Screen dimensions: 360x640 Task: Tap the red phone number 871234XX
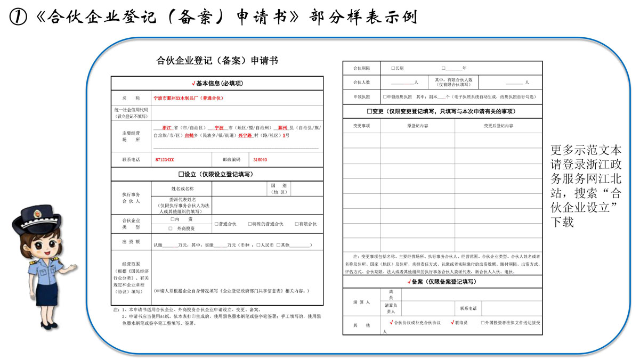[165, 160]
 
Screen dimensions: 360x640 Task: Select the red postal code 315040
[260, 160]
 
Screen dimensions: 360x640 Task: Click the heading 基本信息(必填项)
[217, 84]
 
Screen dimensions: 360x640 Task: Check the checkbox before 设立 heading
[181, 174]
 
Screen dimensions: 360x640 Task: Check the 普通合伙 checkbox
[216, 224]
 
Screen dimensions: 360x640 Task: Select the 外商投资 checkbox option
[171, 228]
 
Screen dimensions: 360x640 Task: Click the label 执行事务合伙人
[131, 198]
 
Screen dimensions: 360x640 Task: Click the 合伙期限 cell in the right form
[361, 68]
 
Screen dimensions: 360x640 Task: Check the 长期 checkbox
[393, 68]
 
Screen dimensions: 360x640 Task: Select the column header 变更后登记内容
[498, 126]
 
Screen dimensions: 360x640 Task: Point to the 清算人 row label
[361, 302]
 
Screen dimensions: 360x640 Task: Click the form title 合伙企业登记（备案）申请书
[217, 61]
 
